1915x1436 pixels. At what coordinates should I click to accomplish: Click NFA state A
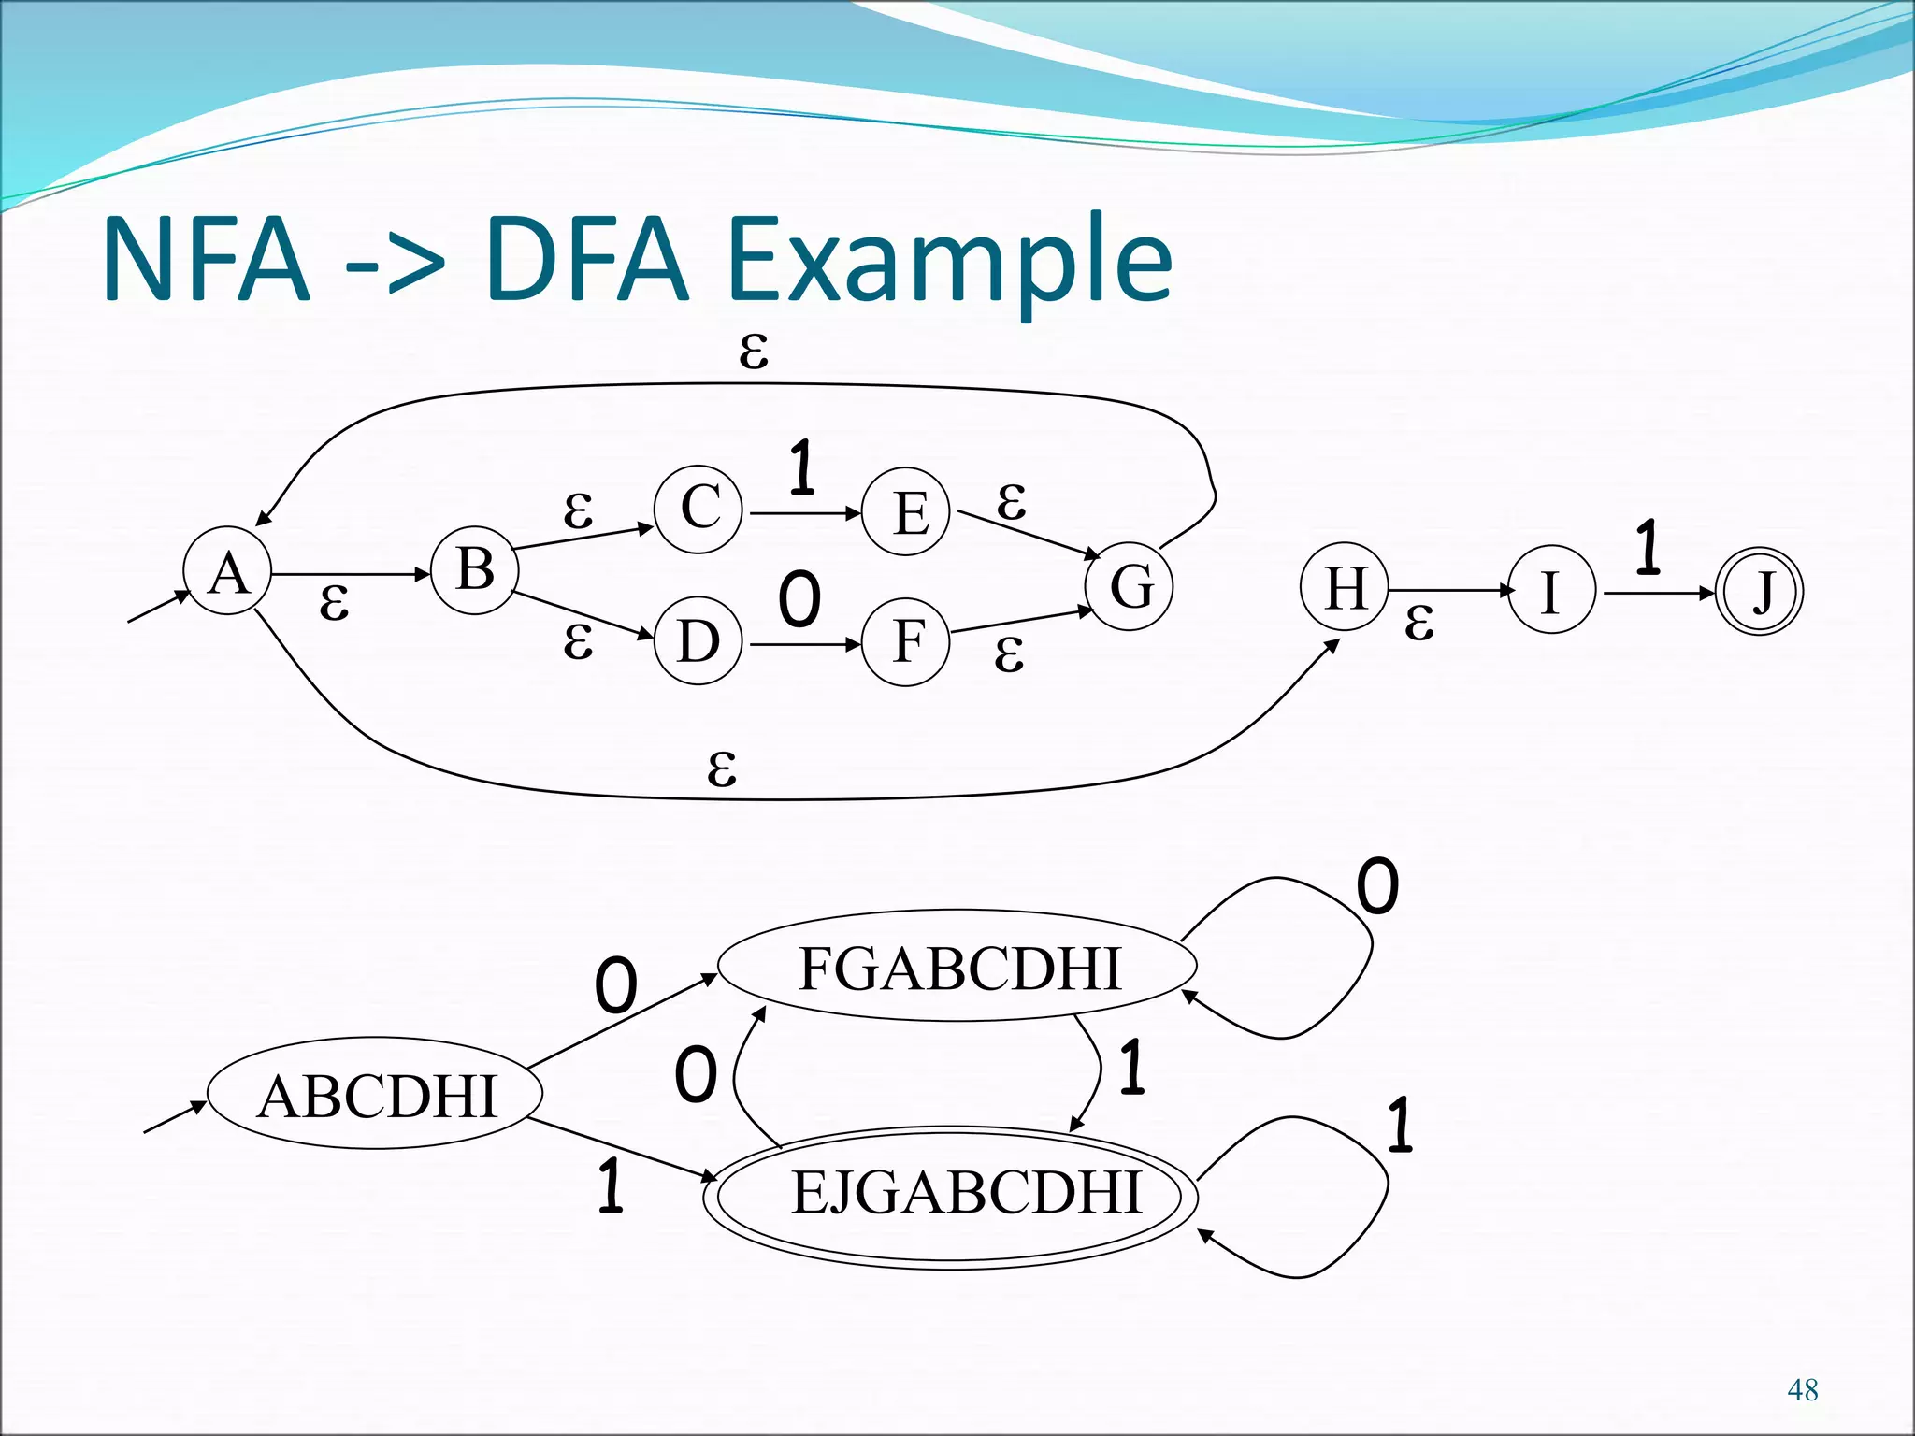(228, 571)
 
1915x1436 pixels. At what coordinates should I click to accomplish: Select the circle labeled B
(475, 569)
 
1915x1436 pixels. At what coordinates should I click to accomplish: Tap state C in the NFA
(698, 510)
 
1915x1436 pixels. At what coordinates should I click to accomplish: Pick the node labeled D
(698, 641)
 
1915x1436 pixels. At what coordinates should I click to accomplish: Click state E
(906, 512)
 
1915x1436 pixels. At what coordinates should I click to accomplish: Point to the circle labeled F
(906, 642)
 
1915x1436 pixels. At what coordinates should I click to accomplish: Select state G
(1130, 586)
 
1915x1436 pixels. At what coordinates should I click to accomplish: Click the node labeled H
(1346, 588)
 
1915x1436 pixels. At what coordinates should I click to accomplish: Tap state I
(1550, 591)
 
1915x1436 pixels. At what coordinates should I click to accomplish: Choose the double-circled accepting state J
(1761, 592)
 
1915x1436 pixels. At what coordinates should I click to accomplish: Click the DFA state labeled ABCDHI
(375, 1094)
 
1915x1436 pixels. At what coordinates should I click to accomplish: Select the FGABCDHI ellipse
(957, 966)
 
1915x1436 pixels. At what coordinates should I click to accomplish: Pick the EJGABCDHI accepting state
(950, 1196)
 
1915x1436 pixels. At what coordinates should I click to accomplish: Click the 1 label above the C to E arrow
(801, 467)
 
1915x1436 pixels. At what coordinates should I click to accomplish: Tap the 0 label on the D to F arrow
(799, 599)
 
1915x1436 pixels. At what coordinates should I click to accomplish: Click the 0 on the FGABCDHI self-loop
(1377, 886)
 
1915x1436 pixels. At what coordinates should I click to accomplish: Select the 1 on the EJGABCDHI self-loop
(1399, 1125)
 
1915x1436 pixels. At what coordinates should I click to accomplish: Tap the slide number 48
(1802, 1390)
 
